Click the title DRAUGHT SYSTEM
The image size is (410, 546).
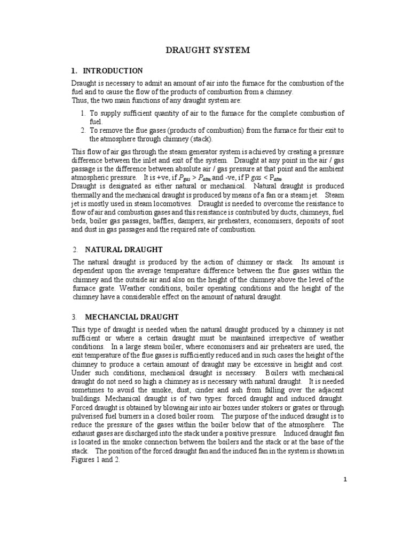pyautogui.click(x=206, y=50)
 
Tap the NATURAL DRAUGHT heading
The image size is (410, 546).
pyautogui.click(x=124, y=249)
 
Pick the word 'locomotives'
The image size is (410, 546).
pyautogui.click(x=171, y=204)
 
